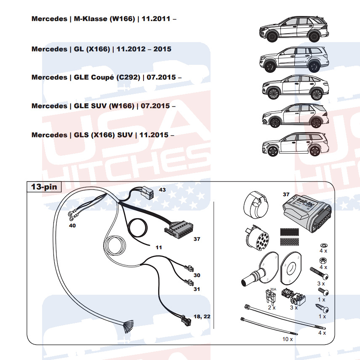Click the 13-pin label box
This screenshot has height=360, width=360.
coord(44,187)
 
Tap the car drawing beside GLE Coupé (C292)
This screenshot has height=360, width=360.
coord(294,87)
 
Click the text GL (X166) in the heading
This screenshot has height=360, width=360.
coord(91,49)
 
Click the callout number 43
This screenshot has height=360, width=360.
coord(162,190)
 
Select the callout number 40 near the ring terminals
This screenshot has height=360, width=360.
coord(72,226)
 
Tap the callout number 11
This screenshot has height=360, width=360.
coord(159,248)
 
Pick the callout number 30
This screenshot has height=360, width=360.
coord(197,275)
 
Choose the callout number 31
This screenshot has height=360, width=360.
coord(197,289)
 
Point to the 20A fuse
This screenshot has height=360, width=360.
coord(272,296)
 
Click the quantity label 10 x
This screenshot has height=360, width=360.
coord(287,339)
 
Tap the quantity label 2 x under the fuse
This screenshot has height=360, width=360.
coord(272,307)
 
